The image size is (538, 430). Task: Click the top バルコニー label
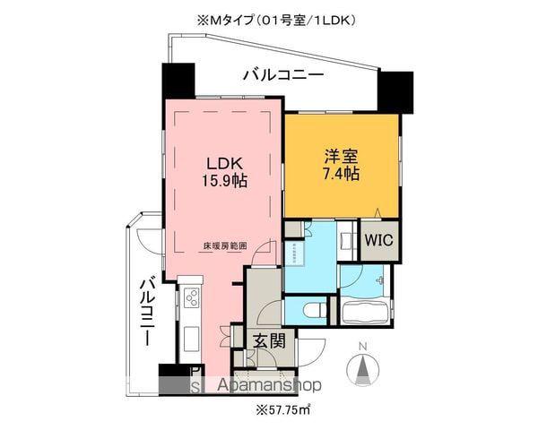click(282, 76)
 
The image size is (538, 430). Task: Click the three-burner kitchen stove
click(191, 301)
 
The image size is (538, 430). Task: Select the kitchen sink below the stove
click(190, 338)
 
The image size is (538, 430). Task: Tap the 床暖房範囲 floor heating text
click(223, 244)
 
